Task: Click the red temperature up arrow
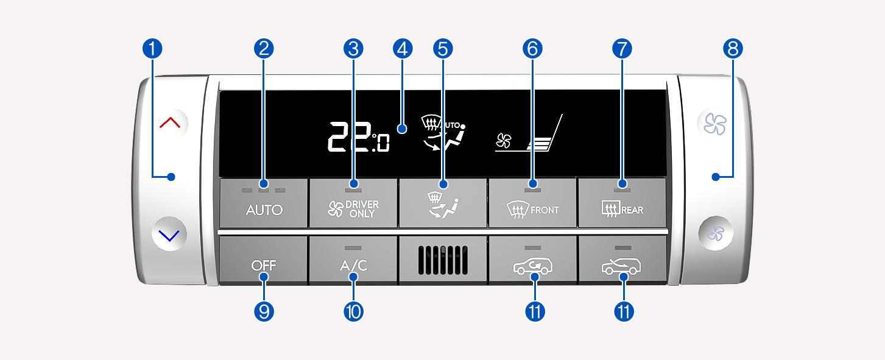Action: click(x=170, y=123)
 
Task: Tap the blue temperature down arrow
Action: click(x=169, y=236)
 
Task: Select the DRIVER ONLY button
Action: click(x=353, y=203)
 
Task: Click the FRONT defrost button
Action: click(x=532, y=203)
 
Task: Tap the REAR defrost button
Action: click(x=622, y=203)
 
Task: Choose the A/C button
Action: click(x=353, y=260)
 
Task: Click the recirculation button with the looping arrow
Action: click(x=532, y=260)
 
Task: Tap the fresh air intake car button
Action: click(x=622, y=260)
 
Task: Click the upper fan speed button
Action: click(x=715, y=124)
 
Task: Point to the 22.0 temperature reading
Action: click(x=359, y=136)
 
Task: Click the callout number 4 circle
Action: click(x=403, y=49)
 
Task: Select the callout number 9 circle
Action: click(x=264, y=311)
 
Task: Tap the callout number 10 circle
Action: click(x=354, y=311)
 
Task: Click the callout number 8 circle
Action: click(x=733, y=49)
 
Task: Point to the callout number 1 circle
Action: click(x=152, y=49)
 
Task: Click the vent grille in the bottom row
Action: click(x=443, y=260)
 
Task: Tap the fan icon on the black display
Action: click(x=504, y=141)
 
